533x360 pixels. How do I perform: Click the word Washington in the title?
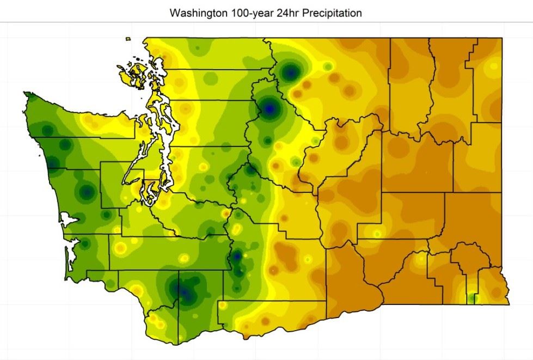coord(195,13)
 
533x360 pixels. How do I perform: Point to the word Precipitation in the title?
coord(326,13)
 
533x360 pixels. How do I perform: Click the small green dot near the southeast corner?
coord(472,298)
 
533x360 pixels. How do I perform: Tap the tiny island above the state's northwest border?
coord(128,39)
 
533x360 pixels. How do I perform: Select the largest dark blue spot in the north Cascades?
coord(269,108)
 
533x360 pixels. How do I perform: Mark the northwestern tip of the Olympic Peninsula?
coord(27,94)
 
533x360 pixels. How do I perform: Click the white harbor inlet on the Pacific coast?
coord(69,220)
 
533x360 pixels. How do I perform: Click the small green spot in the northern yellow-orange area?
coord(327,66)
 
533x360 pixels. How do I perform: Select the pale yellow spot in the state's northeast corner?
coord(493,66)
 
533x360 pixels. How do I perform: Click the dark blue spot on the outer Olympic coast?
coord(53,163)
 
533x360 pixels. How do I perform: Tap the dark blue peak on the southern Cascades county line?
coord(237,255)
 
